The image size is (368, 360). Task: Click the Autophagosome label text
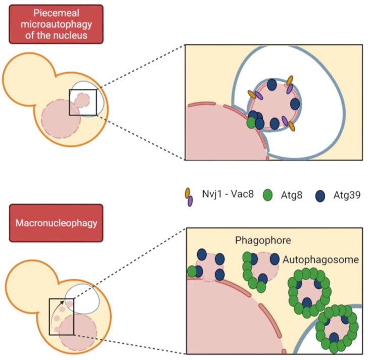click(320, 260)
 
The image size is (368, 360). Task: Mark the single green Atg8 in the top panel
click(251, 122)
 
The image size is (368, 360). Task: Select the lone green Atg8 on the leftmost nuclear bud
click(192, 271)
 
